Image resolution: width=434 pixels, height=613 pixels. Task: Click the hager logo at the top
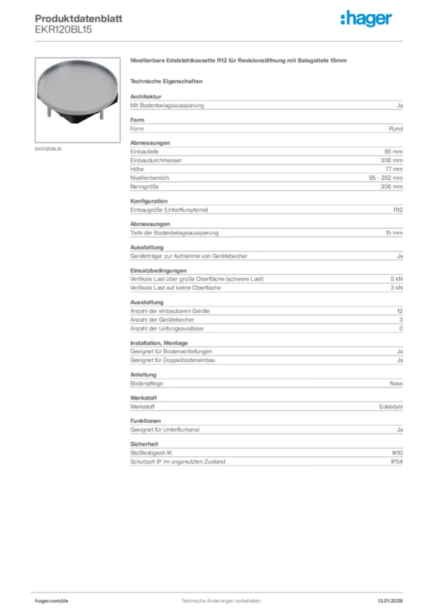366,19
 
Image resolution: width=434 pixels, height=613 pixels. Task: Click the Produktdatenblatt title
78,19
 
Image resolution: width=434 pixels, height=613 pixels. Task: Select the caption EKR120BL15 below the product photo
48,148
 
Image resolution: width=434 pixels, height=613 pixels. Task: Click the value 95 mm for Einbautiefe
393,152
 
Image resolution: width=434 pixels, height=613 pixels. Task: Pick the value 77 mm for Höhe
394,169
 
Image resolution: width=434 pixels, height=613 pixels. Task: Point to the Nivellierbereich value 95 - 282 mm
385,178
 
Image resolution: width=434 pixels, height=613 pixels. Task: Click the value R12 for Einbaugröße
397,210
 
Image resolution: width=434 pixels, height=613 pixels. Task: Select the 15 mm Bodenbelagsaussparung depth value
394,233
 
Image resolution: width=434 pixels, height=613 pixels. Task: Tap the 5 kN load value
396,280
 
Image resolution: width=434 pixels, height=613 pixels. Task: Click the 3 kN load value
396,288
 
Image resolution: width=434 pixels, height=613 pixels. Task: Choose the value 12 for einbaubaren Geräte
399,311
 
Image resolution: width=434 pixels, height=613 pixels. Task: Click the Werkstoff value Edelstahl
391,407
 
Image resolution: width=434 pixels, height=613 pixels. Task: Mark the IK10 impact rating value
397,454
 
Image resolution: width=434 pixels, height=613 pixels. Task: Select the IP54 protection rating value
396,462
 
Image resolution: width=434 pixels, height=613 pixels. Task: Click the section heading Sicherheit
144,445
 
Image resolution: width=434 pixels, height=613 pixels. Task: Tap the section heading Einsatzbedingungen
154,271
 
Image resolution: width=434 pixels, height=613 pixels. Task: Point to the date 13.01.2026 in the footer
390,600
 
